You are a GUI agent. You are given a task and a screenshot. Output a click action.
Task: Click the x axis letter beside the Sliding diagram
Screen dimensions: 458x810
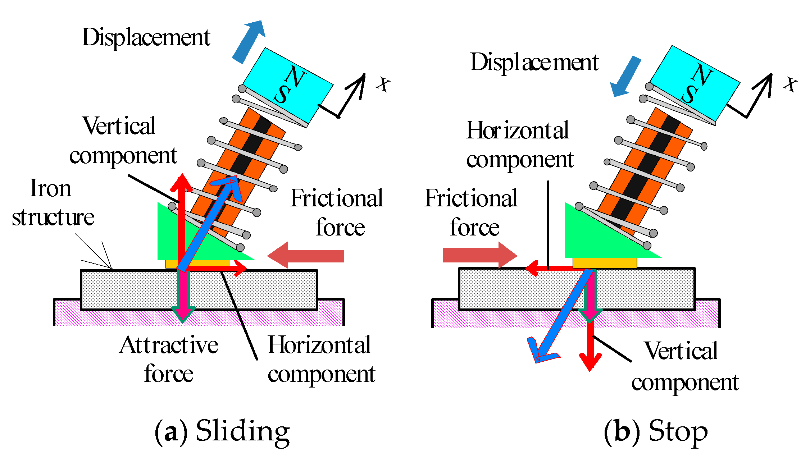(383, 84)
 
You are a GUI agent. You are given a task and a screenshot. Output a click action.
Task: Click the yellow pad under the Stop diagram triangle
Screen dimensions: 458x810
(605, 263)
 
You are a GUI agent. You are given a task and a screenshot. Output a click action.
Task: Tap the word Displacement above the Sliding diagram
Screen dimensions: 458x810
(146, 37)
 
